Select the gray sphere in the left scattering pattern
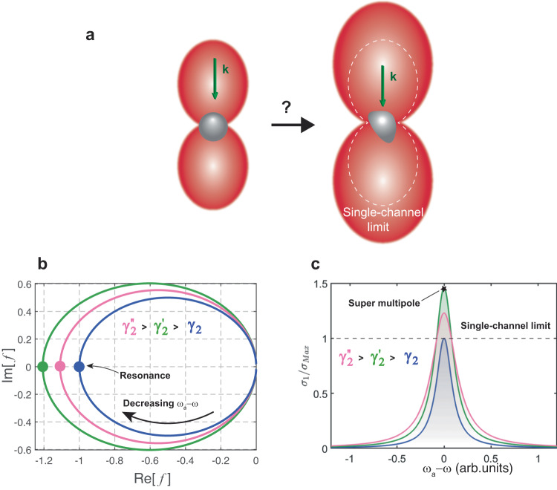pos(212,123)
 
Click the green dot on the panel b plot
pos(42,367)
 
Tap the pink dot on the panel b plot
pos(60,367)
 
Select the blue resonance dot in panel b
pos(79,367)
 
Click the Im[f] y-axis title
pos(8,366)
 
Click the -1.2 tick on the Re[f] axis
pos(42,461)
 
